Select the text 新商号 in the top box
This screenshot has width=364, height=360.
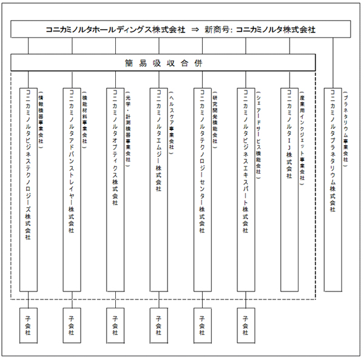pos(217,29)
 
